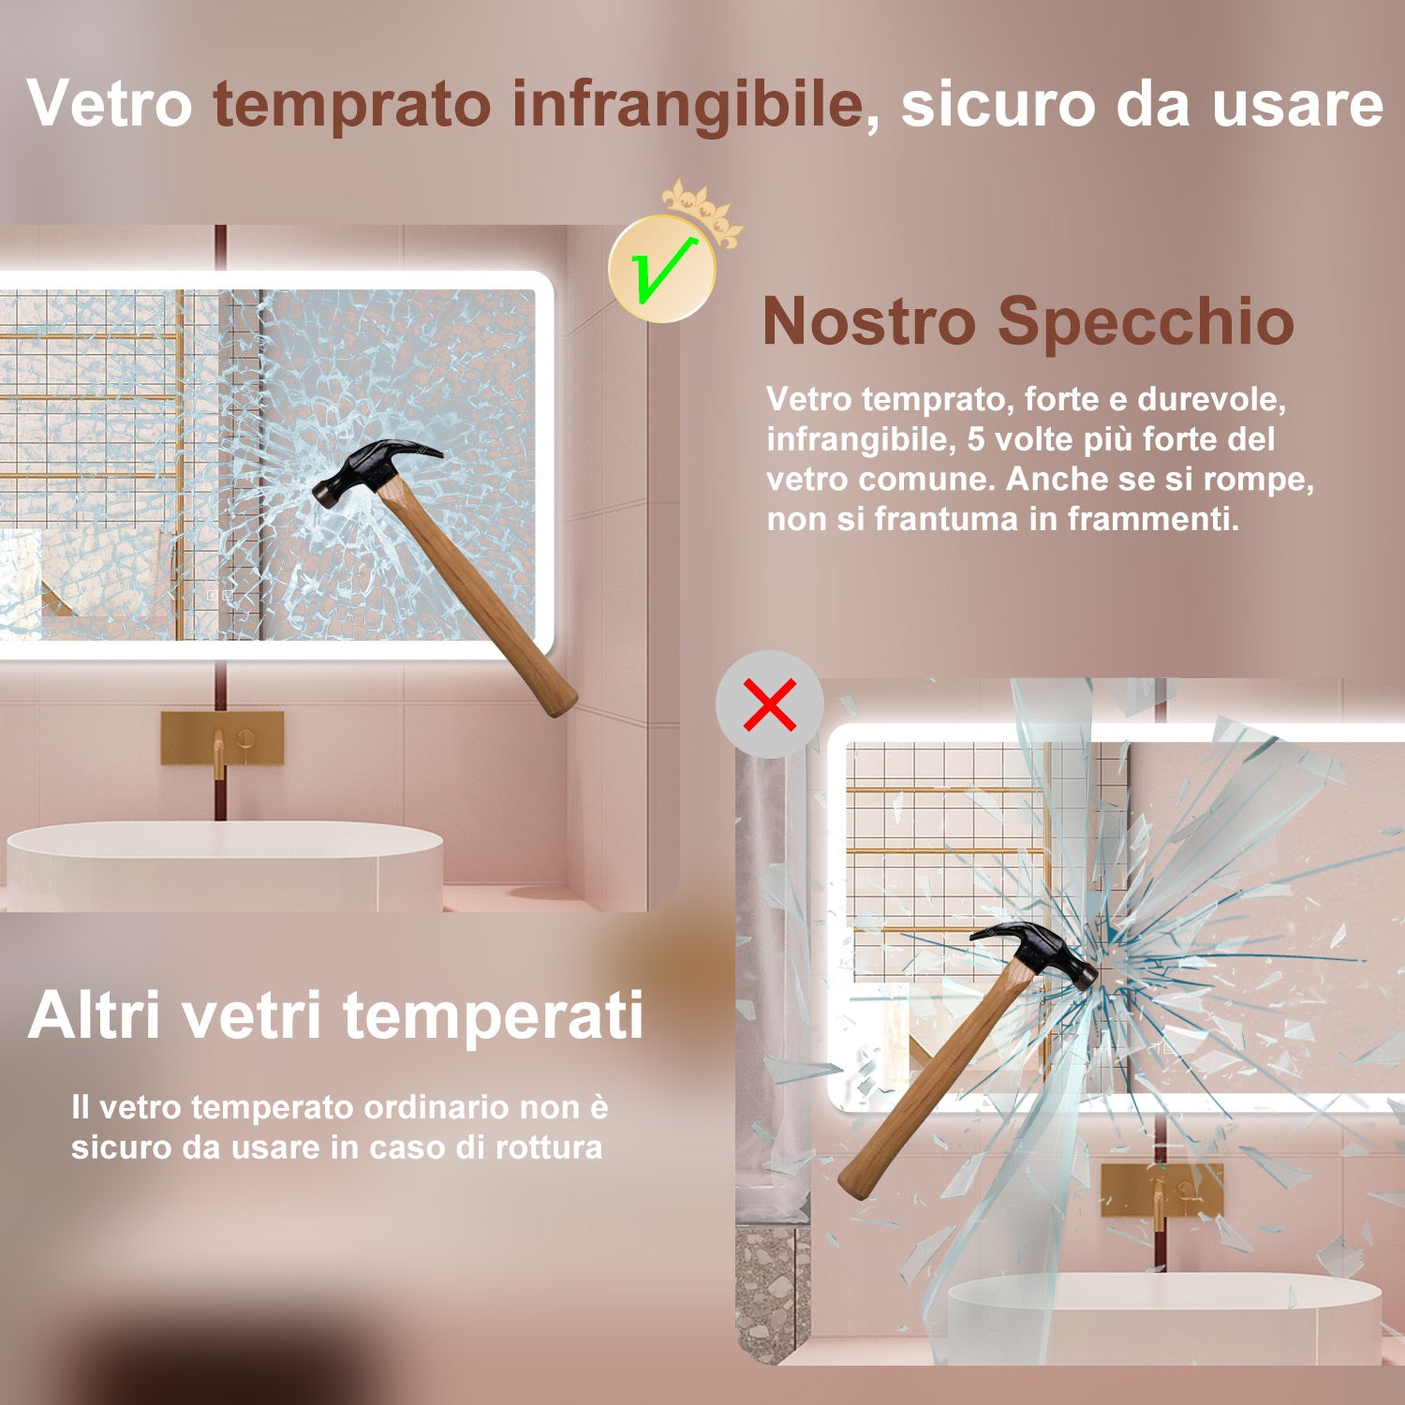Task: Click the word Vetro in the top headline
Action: [110, 103]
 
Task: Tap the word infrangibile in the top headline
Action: [688, 105]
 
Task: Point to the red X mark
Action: [770, 704]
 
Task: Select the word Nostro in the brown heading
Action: [869, 321]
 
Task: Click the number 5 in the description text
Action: [976, 439]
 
